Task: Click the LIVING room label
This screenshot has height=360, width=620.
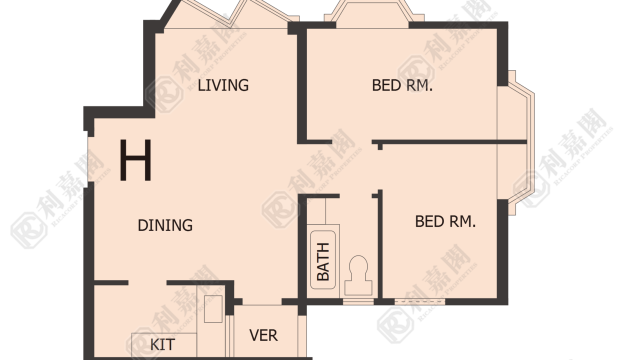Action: click(223, 85)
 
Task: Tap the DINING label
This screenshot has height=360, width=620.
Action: click(165, 225)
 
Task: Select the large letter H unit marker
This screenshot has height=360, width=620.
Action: click(135, 160)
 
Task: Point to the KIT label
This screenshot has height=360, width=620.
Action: click(162, 344)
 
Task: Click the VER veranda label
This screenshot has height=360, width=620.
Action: click(263, 335)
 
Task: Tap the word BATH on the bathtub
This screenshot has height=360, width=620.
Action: click(323, 261)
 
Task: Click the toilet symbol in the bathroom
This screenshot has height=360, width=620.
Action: click(358, 275)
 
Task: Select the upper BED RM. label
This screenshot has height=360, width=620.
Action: click(402, 85)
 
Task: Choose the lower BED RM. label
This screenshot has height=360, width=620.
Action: click(445, 221)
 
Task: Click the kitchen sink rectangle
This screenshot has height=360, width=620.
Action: click(213, 309)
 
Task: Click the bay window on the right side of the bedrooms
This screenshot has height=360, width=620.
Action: click(516, 142)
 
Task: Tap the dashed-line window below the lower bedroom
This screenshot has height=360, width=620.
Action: click(420, 301)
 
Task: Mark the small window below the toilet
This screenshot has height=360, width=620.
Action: click(358, 301)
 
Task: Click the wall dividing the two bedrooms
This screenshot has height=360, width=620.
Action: click(449, 142)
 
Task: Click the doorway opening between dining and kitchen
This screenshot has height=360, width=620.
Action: click(147, 283)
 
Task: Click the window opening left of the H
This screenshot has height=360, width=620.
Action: click(91, 159)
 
